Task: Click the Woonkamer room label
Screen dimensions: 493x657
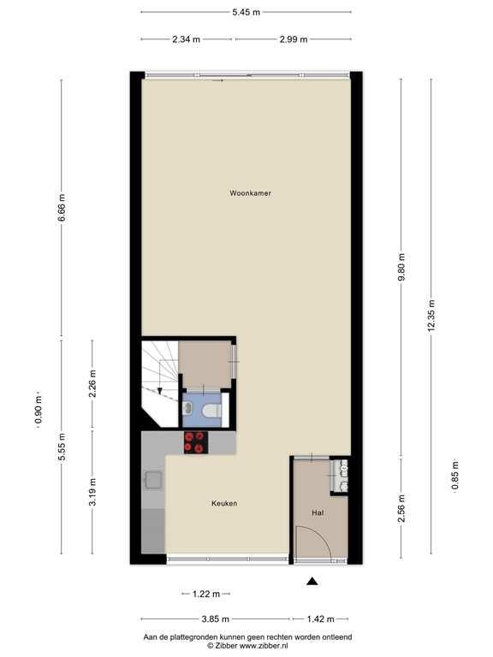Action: (x=250, y=193)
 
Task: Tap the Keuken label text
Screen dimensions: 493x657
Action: (x=224, y=503)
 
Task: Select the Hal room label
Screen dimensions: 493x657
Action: (x=318, y=512)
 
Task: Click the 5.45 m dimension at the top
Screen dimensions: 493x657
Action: (x=246, y=12)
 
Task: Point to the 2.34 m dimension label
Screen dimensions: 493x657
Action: (x=186, y=39)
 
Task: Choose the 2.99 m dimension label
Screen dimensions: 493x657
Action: (x=294, y=39)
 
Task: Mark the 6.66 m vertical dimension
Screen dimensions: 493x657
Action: (x=62, y=207)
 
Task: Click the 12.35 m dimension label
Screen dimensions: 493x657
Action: (x=431, y=315)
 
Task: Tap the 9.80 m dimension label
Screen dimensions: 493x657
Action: (x=401, y=268)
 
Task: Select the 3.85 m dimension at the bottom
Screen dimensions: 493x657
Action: (x=216, y=619)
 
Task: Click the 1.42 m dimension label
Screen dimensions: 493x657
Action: (x=321, y=619)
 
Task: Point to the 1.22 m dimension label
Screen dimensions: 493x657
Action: (x=206, y=594)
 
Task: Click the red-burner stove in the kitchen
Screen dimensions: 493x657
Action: (x=196, y=442)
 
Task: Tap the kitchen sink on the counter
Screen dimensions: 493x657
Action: (x=153, y=480)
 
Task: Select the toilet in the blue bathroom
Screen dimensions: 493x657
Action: (x=212, y=411)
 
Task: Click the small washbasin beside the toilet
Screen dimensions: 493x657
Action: (x=187, y=407)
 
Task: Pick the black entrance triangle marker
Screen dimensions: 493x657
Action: (x=312, y=581)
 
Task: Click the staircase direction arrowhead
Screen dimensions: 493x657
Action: (x=160, y=391)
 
